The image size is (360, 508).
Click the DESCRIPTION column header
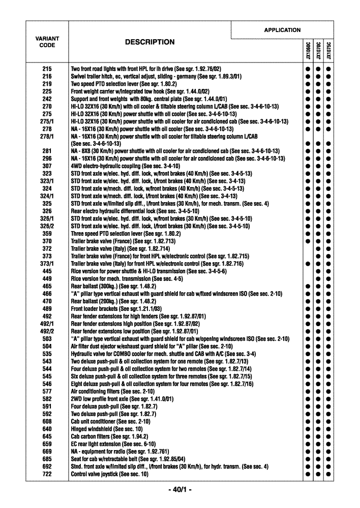coord(149,42)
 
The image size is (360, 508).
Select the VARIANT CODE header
coord(47,42)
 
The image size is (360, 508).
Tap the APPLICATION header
coord(282,30)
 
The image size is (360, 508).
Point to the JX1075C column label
coord(329,51)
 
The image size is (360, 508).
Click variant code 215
coord(47,69)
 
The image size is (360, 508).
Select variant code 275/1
coord(47,121)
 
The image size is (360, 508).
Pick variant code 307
coord(47,166)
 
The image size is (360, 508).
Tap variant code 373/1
coord(47,264)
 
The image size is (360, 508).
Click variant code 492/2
coord(47,331)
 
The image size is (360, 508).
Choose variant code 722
coord(47,474)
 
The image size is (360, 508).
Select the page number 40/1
coord(179,490)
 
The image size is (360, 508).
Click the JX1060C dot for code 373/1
coord(308,264)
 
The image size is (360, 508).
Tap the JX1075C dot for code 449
coord(329,279)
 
